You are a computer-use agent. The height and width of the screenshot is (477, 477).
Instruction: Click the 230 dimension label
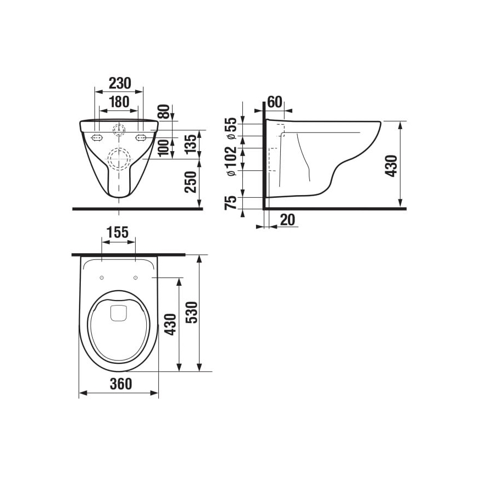(119, 83)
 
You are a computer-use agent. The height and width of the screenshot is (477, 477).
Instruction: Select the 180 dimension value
(119, 102)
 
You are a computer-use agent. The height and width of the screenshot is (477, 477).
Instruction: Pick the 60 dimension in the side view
(274, 102)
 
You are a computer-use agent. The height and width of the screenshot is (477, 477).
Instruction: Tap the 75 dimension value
(231, 203)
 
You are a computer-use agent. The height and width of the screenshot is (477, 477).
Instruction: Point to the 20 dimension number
(287, 220)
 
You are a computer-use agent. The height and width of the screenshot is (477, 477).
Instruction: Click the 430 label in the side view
(391, 165)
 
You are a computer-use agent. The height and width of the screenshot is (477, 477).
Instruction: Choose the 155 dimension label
(118, 232)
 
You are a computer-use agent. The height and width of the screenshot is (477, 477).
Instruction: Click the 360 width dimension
(120, 384)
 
